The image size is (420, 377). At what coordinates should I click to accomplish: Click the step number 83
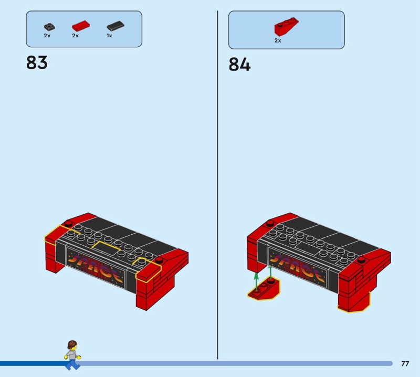coord(37,63)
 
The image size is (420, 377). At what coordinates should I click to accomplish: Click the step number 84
coord(239,65)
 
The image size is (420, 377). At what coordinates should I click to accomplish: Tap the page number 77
coord(405,363)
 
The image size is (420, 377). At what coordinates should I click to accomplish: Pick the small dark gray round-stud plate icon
coord(48,26)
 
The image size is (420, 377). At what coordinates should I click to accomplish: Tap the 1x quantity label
coord(109,36)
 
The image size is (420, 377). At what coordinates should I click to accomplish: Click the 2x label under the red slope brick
coord(278,40)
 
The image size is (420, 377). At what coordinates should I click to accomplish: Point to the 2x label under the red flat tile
coord(75,36)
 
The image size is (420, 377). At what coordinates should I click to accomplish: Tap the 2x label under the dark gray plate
coord(47,36)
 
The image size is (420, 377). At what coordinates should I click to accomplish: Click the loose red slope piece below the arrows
coord(265,290)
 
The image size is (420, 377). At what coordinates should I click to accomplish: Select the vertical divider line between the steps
coord(217,184)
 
